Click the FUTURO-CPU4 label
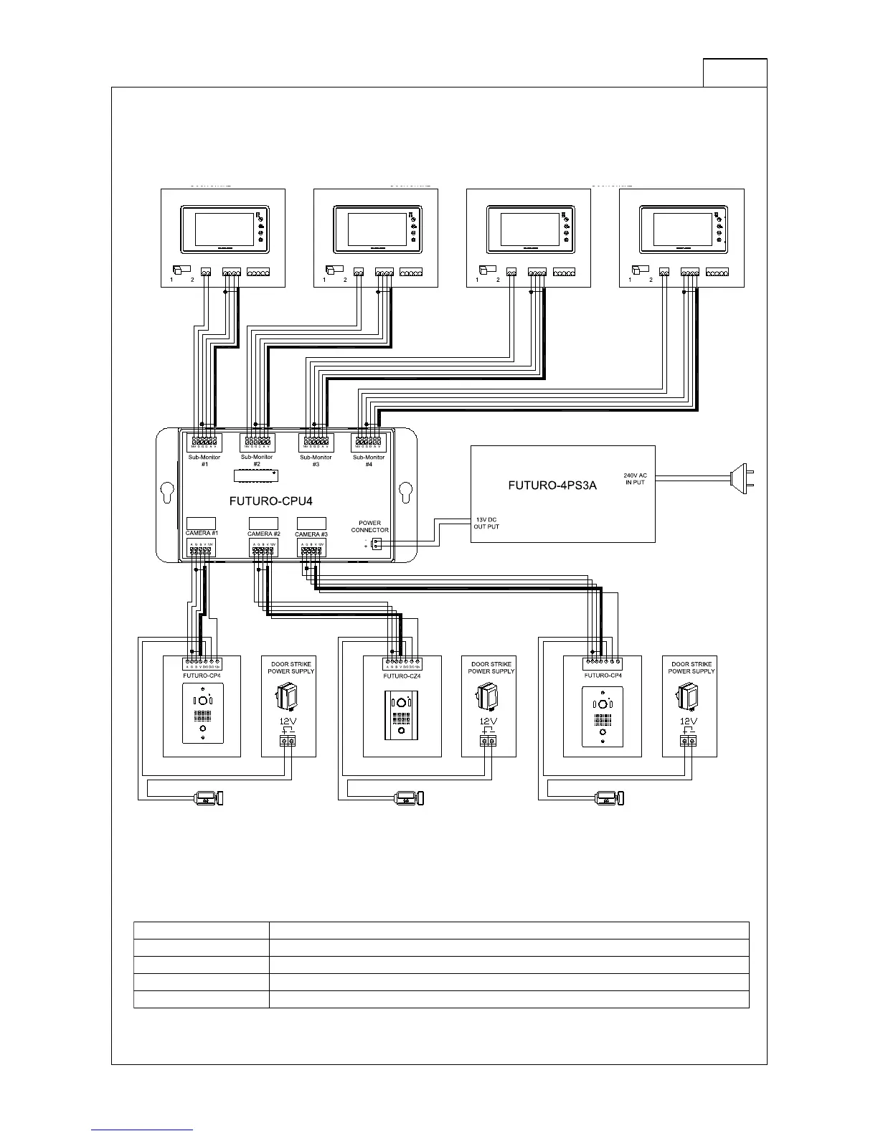point(270,501)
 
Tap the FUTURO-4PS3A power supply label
point(552,485)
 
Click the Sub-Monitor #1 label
point(204,460)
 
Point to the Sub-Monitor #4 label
point(369,460)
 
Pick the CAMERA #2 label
point(263,534)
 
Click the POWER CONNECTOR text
point(369,526)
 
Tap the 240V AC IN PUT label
point(635,478)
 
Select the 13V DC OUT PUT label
point(486,523)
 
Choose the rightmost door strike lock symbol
point(610,797)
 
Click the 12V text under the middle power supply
point(488,721)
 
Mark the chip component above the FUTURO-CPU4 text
point(255,475)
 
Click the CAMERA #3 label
point(311,534)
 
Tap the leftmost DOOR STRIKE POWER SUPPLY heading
point(291,668)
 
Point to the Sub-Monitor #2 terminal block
point(257,440)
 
